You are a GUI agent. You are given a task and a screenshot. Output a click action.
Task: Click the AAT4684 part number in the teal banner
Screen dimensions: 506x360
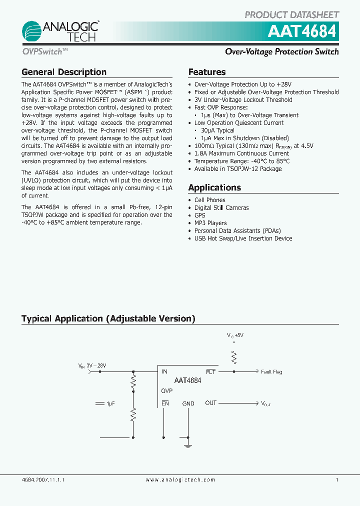pyautogui.click(x=302, y=31)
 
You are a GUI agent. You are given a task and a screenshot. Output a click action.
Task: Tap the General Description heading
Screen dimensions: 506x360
pyautogui.click(x=64, y=72)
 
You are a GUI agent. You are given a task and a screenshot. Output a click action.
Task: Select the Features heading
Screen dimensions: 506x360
pyautogui.click(x=207, y=72)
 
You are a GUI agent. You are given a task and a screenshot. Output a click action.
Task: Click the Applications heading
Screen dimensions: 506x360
pyautogui.click(x=214, y=187)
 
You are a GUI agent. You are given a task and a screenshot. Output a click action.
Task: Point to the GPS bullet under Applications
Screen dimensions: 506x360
pyautogui.click(x=200, y=215)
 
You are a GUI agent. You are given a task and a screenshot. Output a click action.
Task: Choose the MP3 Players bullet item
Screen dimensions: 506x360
pyautogui.click(x=210, y=223)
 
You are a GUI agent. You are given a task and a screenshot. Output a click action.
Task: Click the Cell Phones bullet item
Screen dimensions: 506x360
pyautogui.click(x=210, y=200)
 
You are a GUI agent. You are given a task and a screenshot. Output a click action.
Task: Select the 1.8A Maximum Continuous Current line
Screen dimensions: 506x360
pyautogui.click(x=241, y=153)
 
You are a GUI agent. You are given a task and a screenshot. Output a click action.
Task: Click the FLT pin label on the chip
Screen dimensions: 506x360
pyautogui.click(x=210, y=372)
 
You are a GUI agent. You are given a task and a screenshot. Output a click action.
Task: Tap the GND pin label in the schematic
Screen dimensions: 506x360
pyautogui.click(x=188, y=403)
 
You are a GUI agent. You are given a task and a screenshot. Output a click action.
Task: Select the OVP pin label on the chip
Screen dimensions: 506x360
pyautogui.click(x=167, y=391)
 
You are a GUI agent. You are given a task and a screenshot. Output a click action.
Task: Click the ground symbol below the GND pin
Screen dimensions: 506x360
pyautogui.click(x=188, y=444)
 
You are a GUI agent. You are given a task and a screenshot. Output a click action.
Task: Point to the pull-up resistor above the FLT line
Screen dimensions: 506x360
pyautogui.click(x=233, y=357)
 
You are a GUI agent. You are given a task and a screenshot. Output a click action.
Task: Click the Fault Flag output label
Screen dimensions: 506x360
pyautogui.click(x=271, y=372)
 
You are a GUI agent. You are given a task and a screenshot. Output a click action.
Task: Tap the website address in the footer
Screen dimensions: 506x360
pyautogui.click(x=180, y=479)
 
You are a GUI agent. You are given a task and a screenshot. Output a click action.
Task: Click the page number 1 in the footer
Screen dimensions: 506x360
pyautogui.click(x=337, y=479)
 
